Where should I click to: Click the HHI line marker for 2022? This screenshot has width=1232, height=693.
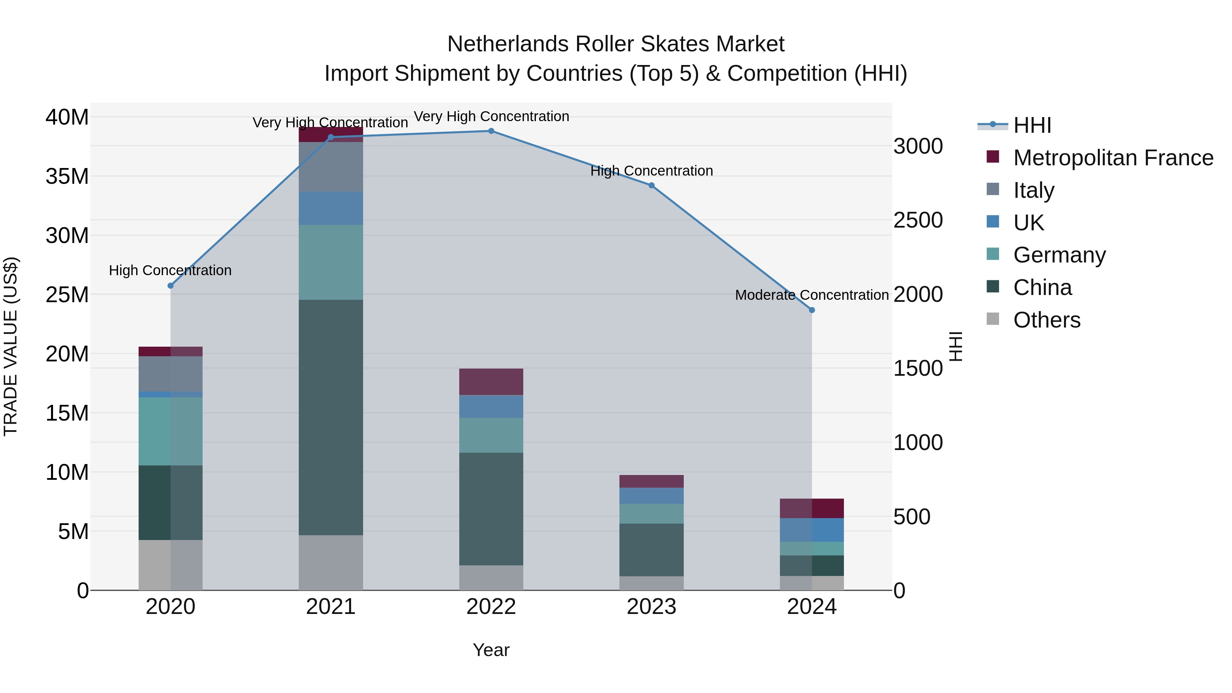tap(491, 131)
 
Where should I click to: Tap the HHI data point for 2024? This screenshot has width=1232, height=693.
tap(812, 310)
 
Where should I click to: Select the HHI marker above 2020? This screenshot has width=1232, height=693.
tap(170, 285)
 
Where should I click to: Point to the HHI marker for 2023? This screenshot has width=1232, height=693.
tap(651, 185)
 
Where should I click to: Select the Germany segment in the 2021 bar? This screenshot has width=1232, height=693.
tap(331, 262)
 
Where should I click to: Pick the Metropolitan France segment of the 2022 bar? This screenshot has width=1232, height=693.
tap(491, 382)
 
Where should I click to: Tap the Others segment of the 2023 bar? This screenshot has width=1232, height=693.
tap(651, 583)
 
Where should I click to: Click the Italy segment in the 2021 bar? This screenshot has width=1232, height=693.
tap(331, 167)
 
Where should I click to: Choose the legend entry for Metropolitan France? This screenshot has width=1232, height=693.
tap(1113, 157)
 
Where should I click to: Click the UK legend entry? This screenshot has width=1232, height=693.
tap(1028, 222)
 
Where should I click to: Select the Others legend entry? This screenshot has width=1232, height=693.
tap(1047, 320)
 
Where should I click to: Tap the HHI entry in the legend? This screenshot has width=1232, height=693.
tap(1031, 125)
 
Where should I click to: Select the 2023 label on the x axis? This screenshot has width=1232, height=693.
tap(651, 607)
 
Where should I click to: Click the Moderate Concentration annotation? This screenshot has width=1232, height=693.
tap(812, 295)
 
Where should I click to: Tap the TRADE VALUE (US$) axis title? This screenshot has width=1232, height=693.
tap(11, 346)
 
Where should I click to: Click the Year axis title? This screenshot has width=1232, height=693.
tap(491, 650)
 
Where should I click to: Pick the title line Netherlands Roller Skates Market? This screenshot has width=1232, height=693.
tap(616, 44)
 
